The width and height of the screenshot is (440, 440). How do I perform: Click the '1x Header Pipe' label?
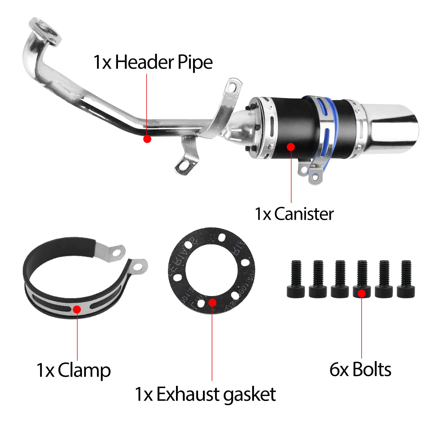(x=153, y=62)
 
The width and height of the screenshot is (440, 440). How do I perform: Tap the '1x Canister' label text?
(x=294, y=214)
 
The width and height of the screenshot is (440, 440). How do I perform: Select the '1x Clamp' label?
(x=73, y=370)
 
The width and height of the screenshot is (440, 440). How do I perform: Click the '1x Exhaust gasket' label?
(x=205, y=394)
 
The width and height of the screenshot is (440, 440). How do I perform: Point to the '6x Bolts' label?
(x=360, y=369)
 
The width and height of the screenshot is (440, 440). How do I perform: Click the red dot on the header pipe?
(x=147, y=139)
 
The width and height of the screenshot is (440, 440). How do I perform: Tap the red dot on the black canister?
(x=291, y=147)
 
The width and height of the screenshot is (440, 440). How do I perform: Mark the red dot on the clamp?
(x=77, y=309)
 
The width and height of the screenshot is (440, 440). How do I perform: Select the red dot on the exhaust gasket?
(x=212, y=302)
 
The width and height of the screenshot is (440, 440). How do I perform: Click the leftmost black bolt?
(x=296, y=279)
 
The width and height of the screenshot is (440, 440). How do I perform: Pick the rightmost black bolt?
(x=406, y=279)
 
